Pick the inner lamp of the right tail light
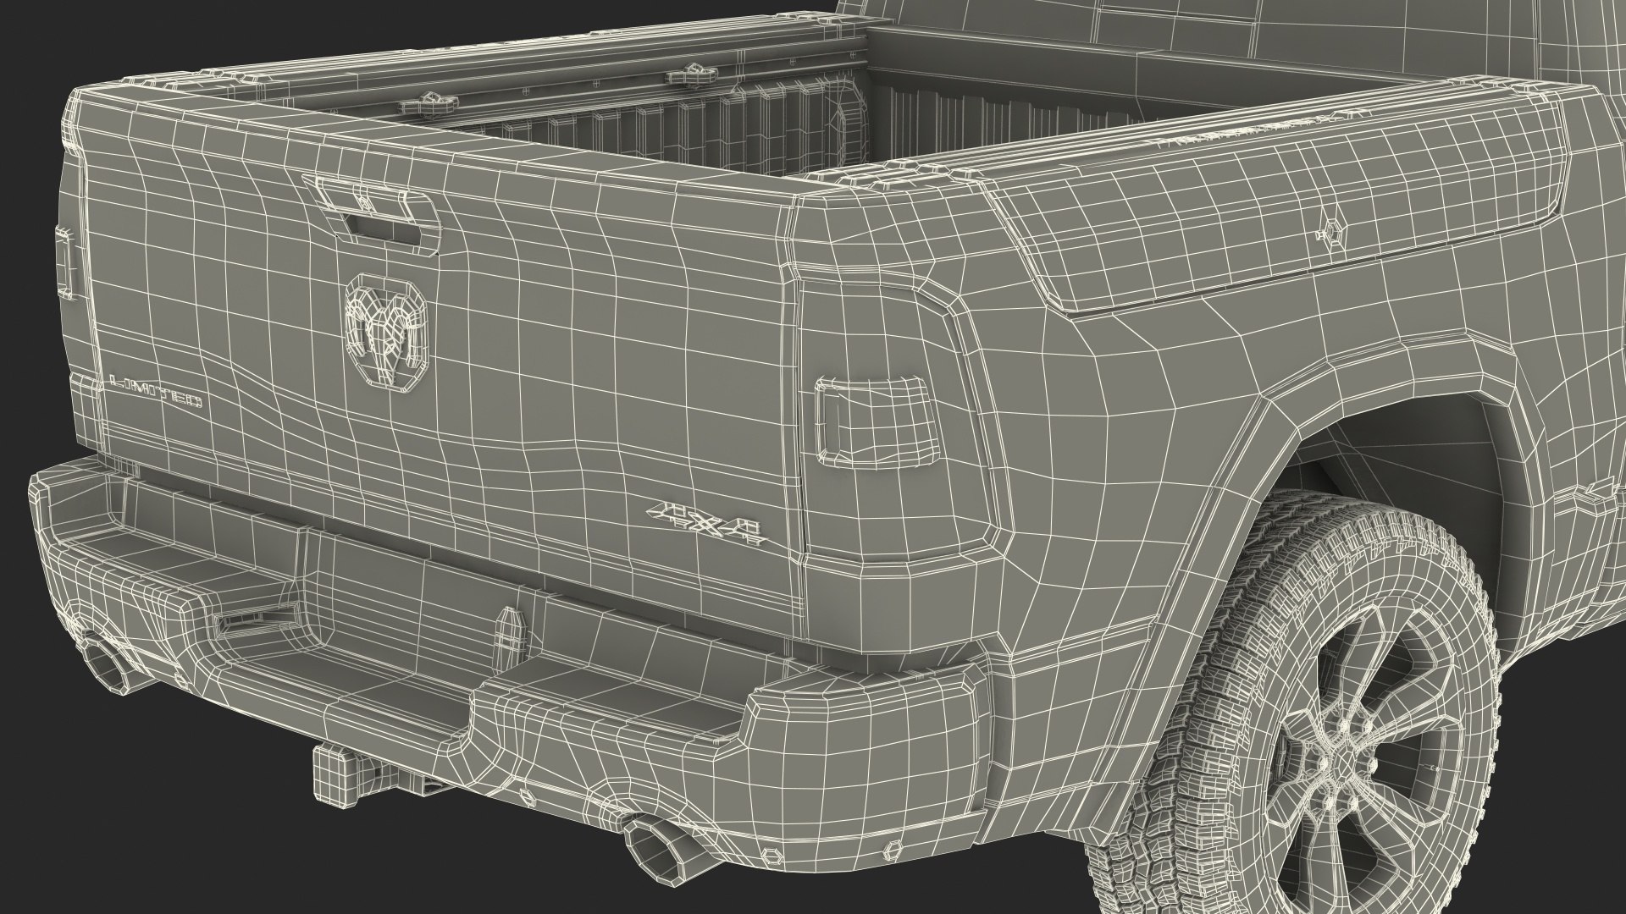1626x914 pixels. click(875, 421)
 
